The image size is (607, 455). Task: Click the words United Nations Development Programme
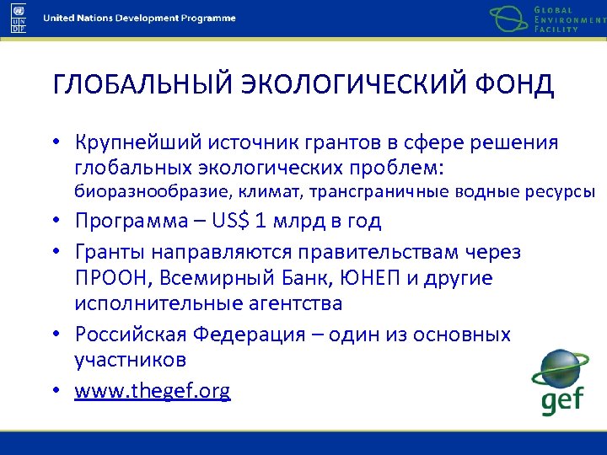[x=139, y=19]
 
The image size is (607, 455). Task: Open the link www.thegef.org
[x=153, y=391]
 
